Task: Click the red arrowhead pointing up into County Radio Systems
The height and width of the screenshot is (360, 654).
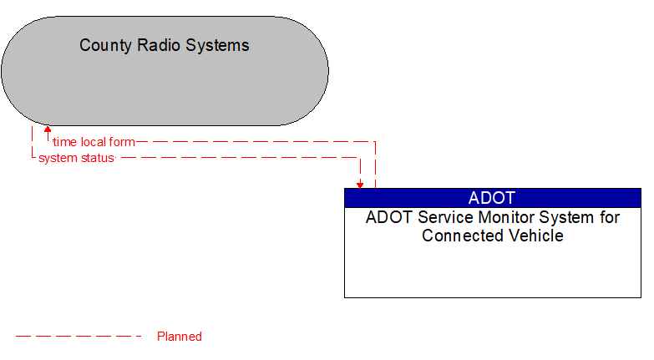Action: tap(48, 130)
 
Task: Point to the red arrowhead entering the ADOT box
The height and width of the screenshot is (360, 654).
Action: tap(360, 184)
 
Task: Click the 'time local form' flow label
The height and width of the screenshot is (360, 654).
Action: tap(93, 142)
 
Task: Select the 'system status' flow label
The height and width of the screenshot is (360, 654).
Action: tap(76, 158)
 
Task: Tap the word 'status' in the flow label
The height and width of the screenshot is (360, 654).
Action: tap(96, 158)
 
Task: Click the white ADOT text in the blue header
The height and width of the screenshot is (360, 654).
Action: tap(492, 198)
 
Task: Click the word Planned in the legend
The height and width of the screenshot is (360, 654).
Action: tap(180, 337)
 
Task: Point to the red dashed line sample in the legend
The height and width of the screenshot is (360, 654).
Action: tap(79, 337)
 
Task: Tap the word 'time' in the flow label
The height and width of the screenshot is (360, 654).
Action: tap(64, 142)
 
